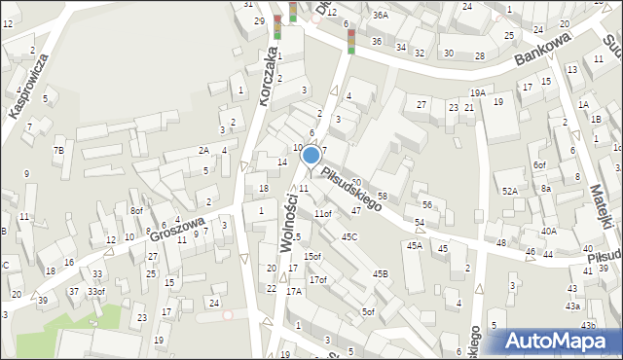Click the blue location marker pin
click(311, 155)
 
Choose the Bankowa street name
click(542, 52)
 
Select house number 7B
click(58, 150)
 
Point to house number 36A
click(380, 15)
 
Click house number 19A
click(477, 92)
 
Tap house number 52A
click(509, 191)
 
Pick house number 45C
click(349, 236)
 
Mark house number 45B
click(380, 274)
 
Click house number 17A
click(294, 291)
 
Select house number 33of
click(95, 291)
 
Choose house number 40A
click(549, 231)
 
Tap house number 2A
click(203, 150)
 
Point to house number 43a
click(573, 306)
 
